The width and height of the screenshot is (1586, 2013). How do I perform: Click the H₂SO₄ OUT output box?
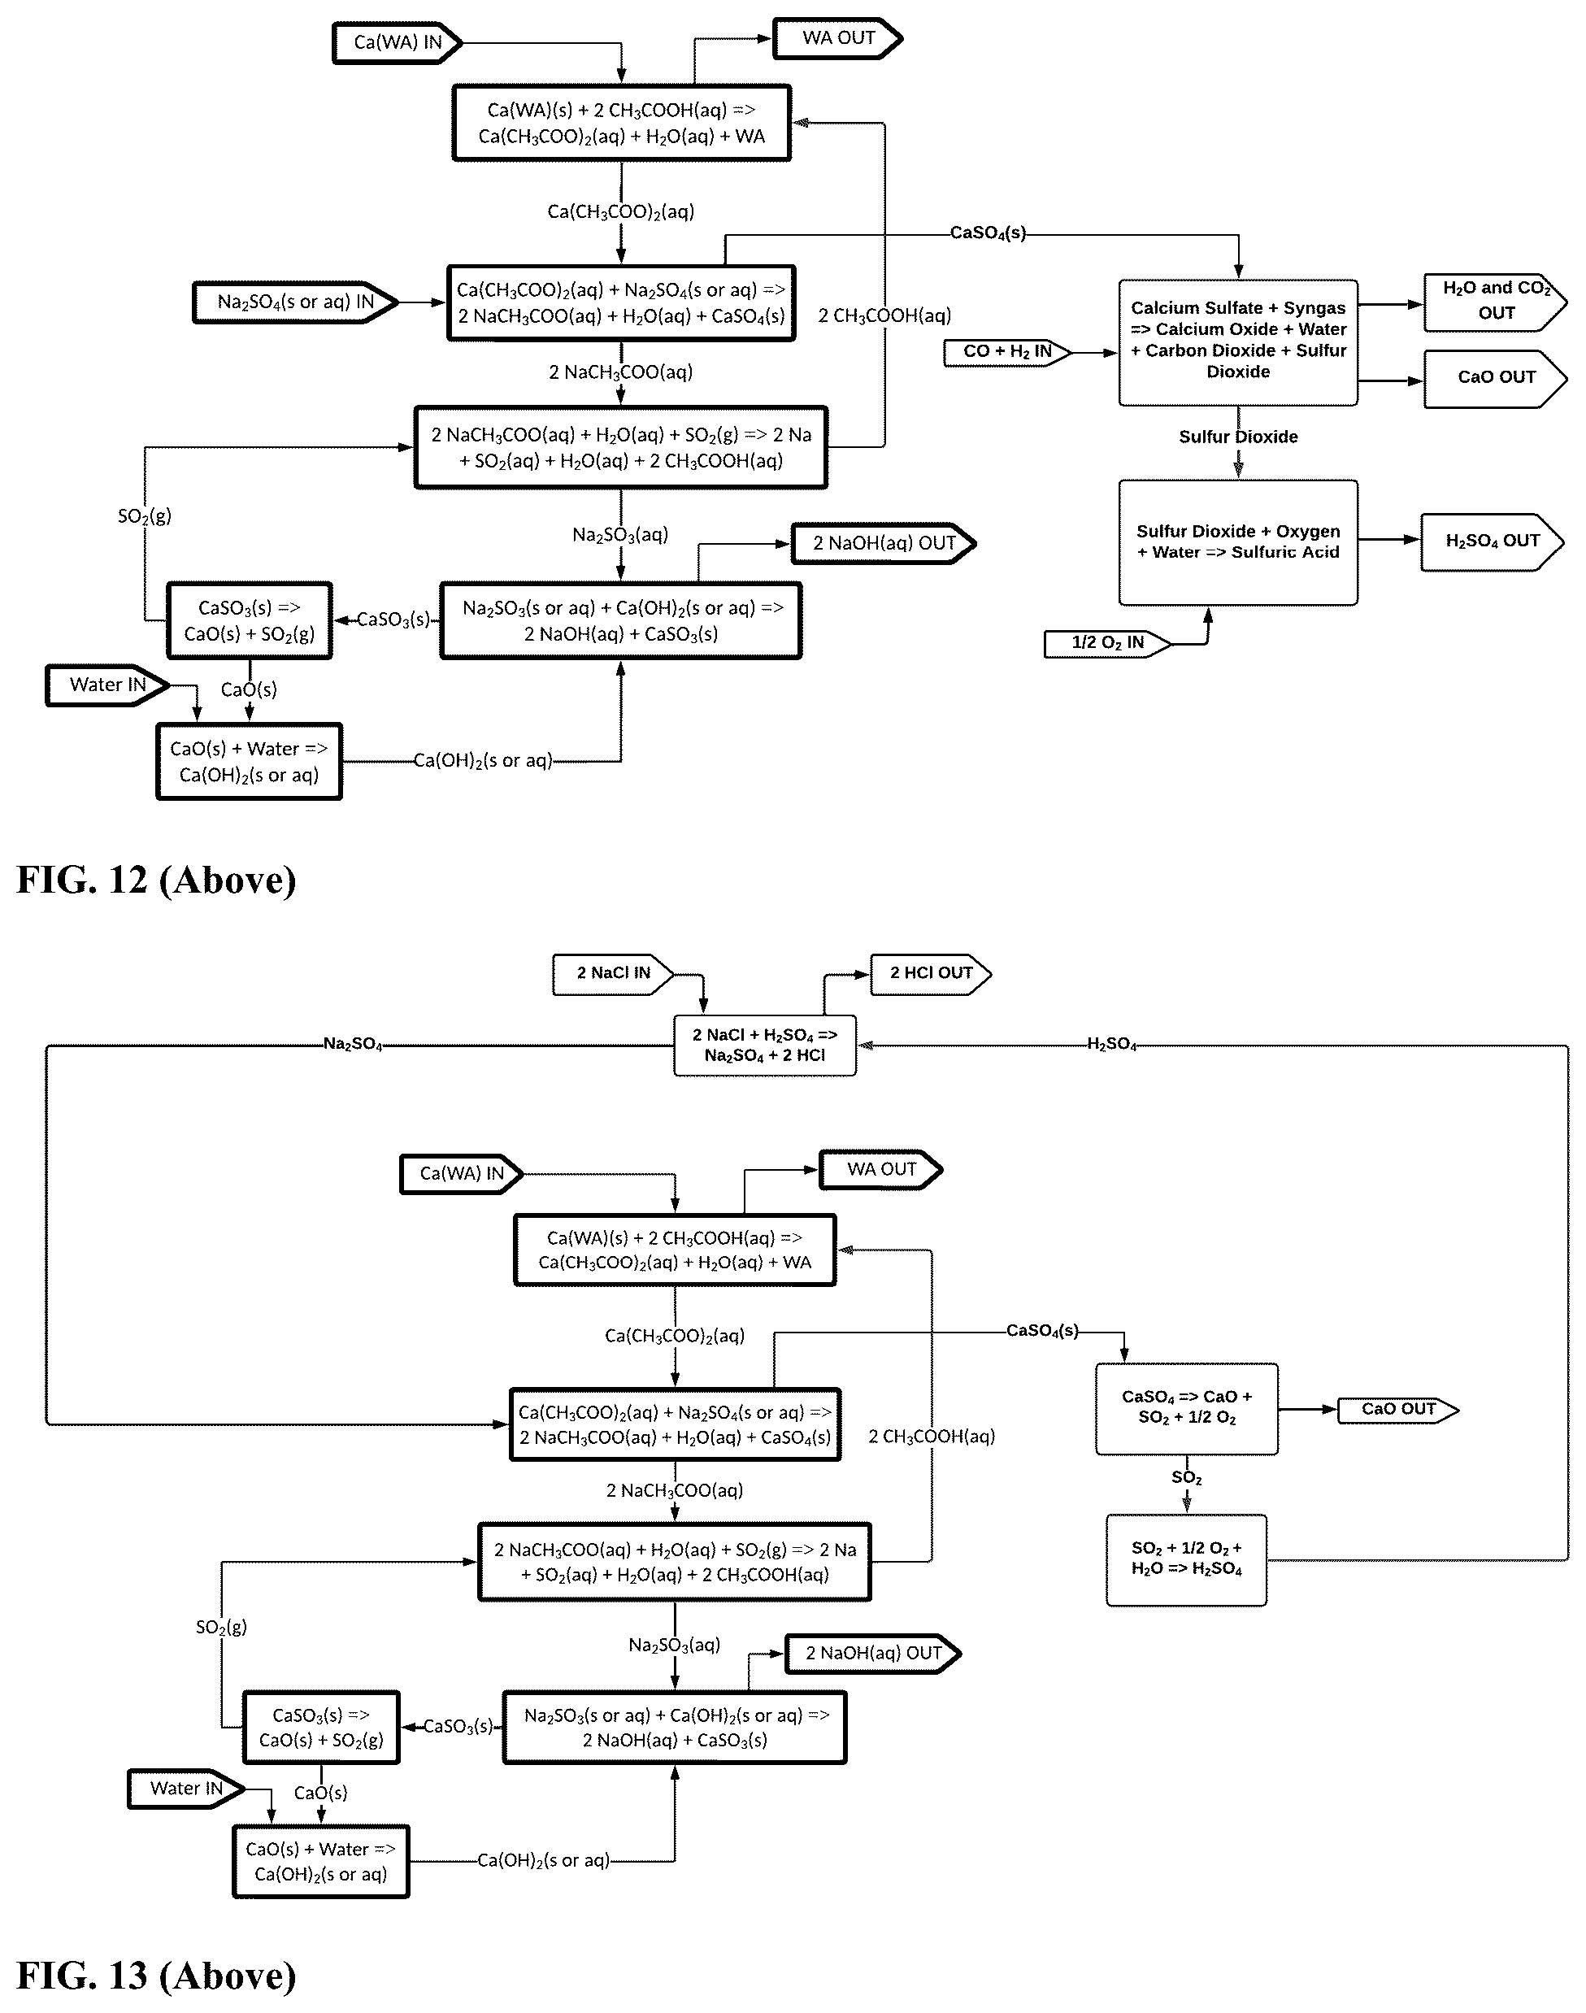(1493, 541)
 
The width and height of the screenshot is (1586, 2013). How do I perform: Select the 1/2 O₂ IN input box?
(1108, 643)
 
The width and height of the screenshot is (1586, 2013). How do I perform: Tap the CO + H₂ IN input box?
(1007, 353)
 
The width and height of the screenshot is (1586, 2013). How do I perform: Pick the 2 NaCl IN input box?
(613, 974)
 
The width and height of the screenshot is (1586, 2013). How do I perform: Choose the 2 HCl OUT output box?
(931, 974)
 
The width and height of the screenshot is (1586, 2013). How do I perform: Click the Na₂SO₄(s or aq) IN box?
(295, 302)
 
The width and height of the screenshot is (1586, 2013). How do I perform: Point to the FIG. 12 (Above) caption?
(156, 880)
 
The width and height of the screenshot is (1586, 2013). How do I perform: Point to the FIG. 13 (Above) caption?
(156, 1975)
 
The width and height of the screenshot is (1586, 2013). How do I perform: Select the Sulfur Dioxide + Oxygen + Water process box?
(1238, 542)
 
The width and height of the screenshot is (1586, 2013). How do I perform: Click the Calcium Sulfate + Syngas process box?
(1238, 342)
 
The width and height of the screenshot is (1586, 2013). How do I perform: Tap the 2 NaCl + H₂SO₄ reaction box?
(764, 1046)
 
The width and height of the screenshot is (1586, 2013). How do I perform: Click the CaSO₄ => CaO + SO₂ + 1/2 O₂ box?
(1187, 1409)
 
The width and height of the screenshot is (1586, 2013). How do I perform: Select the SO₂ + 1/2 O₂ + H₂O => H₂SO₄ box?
(1186, 1560)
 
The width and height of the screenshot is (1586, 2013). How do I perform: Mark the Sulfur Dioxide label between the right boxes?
(1238, 437)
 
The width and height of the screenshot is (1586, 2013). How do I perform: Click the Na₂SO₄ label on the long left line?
(353, 1045)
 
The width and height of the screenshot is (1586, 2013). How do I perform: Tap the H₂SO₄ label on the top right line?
(1111, 1045)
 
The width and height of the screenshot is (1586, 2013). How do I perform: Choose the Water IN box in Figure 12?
(108, 686)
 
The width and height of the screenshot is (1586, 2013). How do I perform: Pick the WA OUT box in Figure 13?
(880, 1170)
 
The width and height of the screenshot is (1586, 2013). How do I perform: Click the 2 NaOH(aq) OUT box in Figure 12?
(883, 544)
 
